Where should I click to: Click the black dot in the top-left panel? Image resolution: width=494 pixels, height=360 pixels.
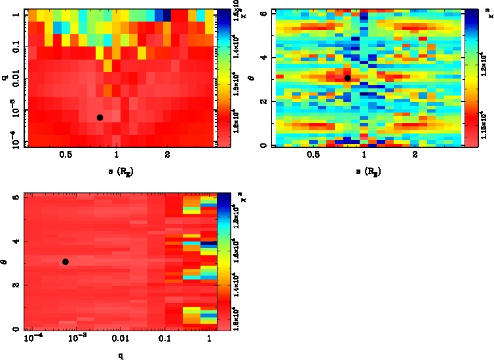(100, 117)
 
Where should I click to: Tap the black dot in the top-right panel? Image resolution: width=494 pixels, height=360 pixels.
(347, 78)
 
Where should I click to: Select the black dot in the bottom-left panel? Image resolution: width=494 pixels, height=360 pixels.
(66, 262)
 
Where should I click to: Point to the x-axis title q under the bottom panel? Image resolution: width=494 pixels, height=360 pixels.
(121, 355)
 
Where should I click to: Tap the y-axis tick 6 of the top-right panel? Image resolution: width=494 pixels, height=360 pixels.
(263, 13)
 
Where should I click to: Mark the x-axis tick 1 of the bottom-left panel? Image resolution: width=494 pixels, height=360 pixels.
(208, 340)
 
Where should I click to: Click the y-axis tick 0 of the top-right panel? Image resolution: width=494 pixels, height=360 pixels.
(263, 145)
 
